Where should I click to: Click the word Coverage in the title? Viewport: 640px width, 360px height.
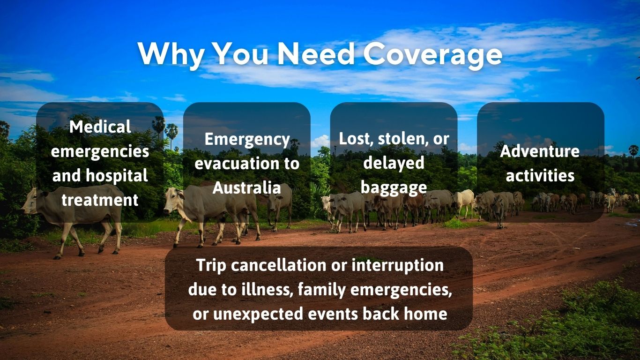[432, 54]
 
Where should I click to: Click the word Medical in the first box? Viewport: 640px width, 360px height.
[100, 127]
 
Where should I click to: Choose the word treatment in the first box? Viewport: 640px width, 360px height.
[100, 200]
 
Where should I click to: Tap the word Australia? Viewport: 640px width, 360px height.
[246, 188]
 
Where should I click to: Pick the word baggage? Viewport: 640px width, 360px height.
[394, 187]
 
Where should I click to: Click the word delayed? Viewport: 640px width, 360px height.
[394, 163]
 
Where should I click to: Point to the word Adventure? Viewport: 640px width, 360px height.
[540, 151]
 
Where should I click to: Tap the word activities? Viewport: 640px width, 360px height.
[540, 176]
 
